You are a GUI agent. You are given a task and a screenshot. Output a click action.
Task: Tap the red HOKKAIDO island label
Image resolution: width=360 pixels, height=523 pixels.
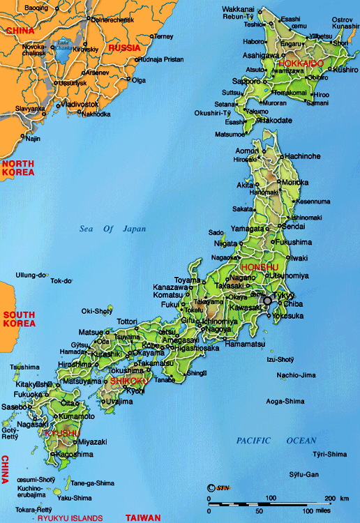(x=301, y=63)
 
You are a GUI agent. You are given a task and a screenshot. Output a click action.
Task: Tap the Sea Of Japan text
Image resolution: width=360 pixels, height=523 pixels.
(x=105, y=228)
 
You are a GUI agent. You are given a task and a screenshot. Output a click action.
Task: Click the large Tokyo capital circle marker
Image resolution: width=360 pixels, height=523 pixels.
(x=267, y=301)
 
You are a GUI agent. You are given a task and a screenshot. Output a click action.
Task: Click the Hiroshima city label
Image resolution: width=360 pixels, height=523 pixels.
(x=76, y=365)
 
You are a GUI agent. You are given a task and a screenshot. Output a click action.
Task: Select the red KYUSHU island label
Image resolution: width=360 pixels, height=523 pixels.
(x=61, y=433)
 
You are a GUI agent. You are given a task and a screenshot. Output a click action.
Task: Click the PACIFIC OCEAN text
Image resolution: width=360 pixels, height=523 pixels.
(x=276, y=441)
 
